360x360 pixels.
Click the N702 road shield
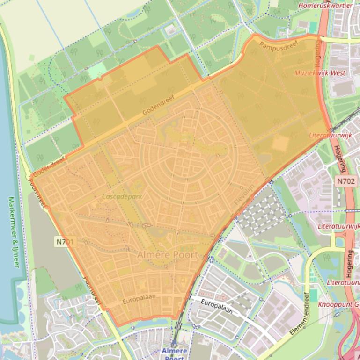pyautogui.click(x=345, y=181)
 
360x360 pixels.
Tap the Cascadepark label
pyautogui.click(x=122, y=197)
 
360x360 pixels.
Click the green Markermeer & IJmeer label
pyautogui.click(x=14, y=232)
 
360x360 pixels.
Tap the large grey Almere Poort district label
pyautogui.click(x=168, y=255)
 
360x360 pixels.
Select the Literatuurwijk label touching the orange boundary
pyautogui.click(x=330, y=135)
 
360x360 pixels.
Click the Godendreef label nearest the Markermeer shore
pyautogui.click(x=48, y=166)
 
